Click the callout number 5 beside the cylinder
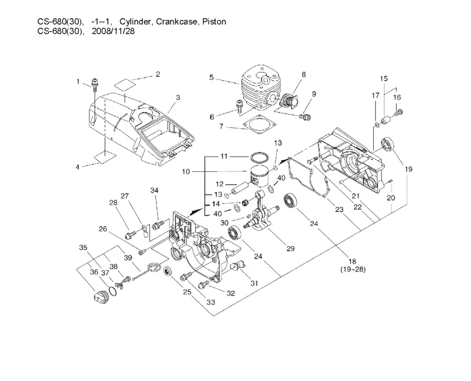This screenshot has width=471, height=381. click(211, 78)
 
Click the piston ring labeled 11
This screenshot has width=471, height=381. click(259, 157)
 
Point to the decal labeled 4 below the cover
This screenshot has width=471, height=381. click(105, 157)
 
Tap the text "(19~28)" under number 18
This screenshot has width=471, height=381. click(353, 269)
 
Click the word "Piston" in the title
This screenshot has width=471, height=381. click(214, 22)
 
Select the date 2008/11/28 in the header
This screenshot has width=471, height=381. click(113, 31)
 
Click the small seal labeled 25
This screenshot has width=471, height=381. click(168, 270)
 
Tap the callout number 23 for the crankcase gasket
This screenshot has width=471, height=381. click(339, 209)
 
